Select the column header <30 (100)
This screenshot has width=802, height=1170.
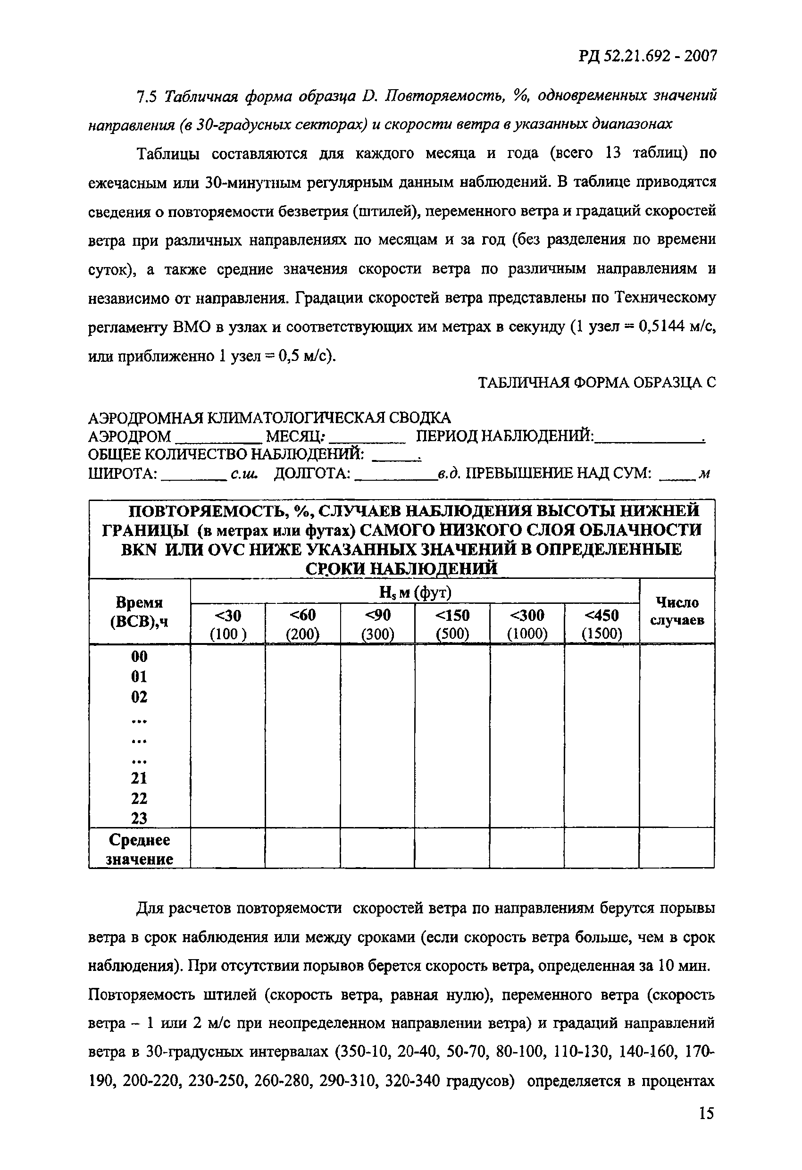click(x=227, y=624)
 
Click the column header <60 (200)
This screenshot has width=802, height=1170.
click(x=302, y=624)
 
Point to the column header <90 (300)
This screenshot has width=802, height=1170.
click(x=377, y=624)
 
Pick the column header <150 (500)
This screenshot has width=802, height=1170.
click(x=452, y=624)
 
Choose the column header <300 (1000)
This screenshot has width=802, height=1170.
click(x=527, y=624)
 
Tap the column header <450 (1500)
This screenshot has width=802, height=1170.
click(x=601, y=624)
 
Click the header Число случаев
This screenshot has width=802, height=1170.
click(x=677, y=610)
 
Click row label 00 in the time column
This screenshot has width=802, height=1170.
click(x=140, y=657)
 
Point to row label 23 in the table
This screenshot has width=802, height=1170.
click(x=140, y=819)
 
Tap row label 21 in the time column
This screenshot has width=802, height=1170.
click(x=140, y=778)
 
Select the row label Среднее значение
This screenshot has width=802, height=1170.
click(x=140, y=849)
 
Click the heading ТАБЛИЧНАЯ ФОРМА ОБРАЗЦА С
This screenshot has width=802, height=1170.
click(x=596, y=383)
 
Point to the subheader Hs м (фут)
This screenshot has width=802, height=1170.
click(x=415, y=593)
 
